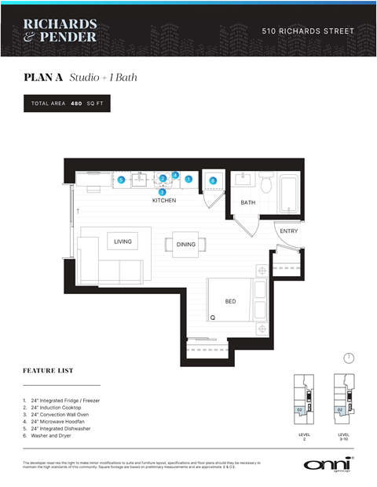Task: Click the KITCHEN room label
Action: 164,201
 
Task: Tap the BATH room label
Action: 248,202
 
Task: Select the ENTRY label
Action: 288,231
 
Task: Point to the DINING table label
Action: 186,245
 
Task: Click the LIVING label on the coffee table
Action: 123,242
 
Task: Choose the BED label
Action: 230,300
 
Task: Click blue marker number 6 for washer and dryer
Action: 213,180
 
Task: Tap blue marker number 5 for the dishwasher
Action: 121,180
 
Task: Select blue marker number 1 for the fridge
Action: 188,180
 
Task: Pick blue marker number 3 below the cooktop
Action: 163,191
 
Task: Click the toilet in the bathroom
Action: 265,183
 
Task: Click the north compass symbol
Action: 349,358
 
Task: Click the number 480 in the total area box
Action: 76,104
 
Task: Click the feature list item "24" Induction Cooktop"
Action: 64,408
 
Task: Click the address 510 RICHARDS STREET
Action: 307,31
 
